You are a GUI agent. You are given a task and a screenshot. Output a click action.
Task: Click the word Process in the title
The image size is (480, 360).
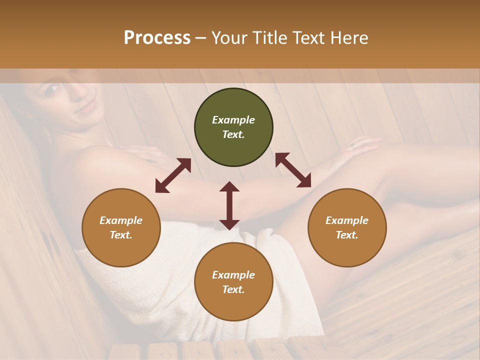(x=157, y=38)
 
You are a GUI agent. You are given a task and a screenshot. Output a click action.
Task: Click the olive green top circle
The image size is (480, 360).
(x=233, y=127)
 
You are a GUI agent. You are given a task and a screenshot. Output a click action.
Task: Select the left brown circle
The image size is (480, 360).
(x=121, y=227)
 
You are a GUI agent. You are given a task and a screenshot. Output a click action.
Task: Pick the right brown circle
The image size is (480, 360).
(x=347, y=227)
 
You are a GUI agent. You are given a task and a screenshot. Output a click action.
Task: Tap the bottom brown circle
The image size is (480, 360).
(x=233, y=281)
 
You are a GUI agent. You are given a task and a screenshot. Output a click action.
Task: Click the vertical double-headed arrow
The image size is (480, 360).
(x=229, y=205)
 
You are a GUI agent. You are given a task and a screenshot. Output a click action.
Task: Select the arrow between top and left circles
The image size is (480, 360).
(x=173, y=175)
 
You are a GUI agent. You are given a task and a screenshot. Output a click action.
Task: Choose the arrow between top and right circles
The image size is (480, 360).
(x=293, y=170)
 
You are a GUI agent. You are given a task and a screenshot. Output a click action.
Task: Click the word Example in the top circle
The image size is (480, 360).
(x=233, y=120)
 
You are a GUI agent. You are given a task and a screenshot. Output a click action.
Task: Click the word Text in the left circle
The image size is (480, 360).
(x=121, y=235)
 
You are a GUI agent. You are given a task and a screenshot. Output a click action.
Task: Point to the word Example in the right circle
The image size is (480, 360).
(x=347, y=220)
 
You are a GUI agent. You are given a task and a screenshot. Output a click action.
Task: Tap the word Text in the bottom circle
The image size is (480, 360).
(x=233, y=289)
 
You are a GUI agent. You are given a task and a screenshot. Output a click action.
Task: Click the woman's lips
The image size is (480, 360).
(x=86, y=106)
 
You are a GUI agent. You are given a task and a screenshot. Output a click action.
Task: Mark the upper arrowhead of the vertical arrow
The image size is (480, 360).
(x=229, y=187)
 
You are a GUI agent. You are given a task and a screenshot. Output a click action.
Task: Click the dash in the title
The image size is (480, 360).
(x=201, y=38)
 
